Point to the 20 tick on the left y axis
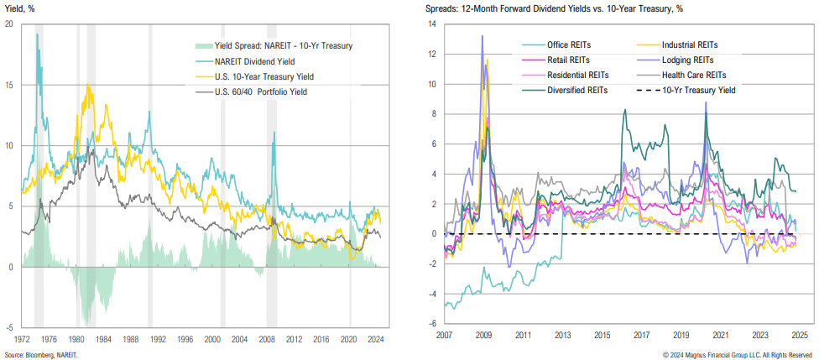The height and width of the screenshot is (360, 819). pyautogui.click(x=9, y=24)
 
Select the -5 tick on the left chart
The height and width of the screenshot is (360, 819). pyautogui.click(x=9, y=327)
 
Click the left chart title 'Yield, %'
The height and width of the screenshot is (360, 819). pyautogui.click(x=22, y=8)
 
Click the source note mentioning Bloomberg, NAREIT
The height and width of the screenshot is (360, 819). pyautogui.click(x=39, y=354)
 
